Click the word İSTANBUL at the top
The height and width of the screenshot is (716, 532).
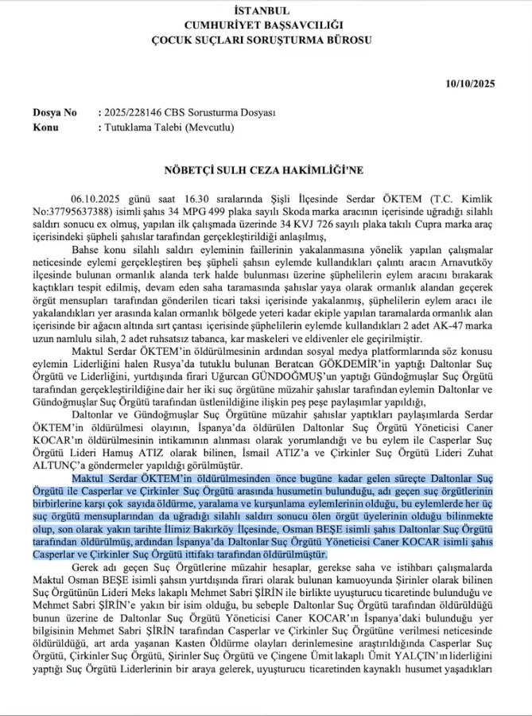(262, 10)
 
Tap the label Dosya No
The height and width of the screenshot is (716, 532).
(55, 113)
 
